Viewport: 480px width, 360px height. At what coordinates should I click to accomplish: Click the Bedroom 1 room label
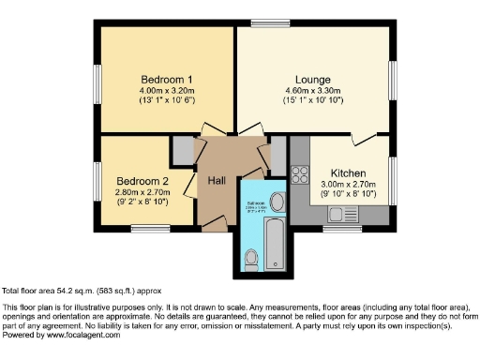[x=166, y=79]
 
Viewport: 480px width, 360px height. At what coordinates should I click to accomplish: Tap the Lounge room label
[x=312, y=80]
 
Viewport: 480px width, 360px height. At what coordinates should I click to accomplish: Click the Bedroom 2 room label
[x=142, y=181]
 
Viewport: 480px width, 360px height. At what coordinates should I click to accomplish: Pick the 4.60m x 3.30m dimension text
[x=312, y=91]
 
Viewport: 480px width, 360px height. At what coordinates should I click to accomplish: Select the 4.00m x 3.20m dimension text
[x=166, y=91]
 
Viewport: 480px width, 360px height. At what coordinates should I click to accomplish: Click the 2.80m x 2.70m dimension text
[x=142, y=192]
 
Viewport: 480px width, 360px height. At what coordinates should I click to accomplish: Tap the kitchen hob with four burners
[x=301, y=173]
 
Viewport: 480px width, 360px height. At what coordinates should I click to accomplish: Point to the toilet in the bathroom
[x=250, y=258]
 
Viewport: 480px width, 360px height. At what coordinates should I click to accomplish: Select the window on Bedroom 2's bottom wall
[x=156, y=228]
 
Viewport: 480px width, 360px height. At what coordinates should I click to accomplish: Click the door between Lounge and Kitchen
[x=364, y=139]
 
